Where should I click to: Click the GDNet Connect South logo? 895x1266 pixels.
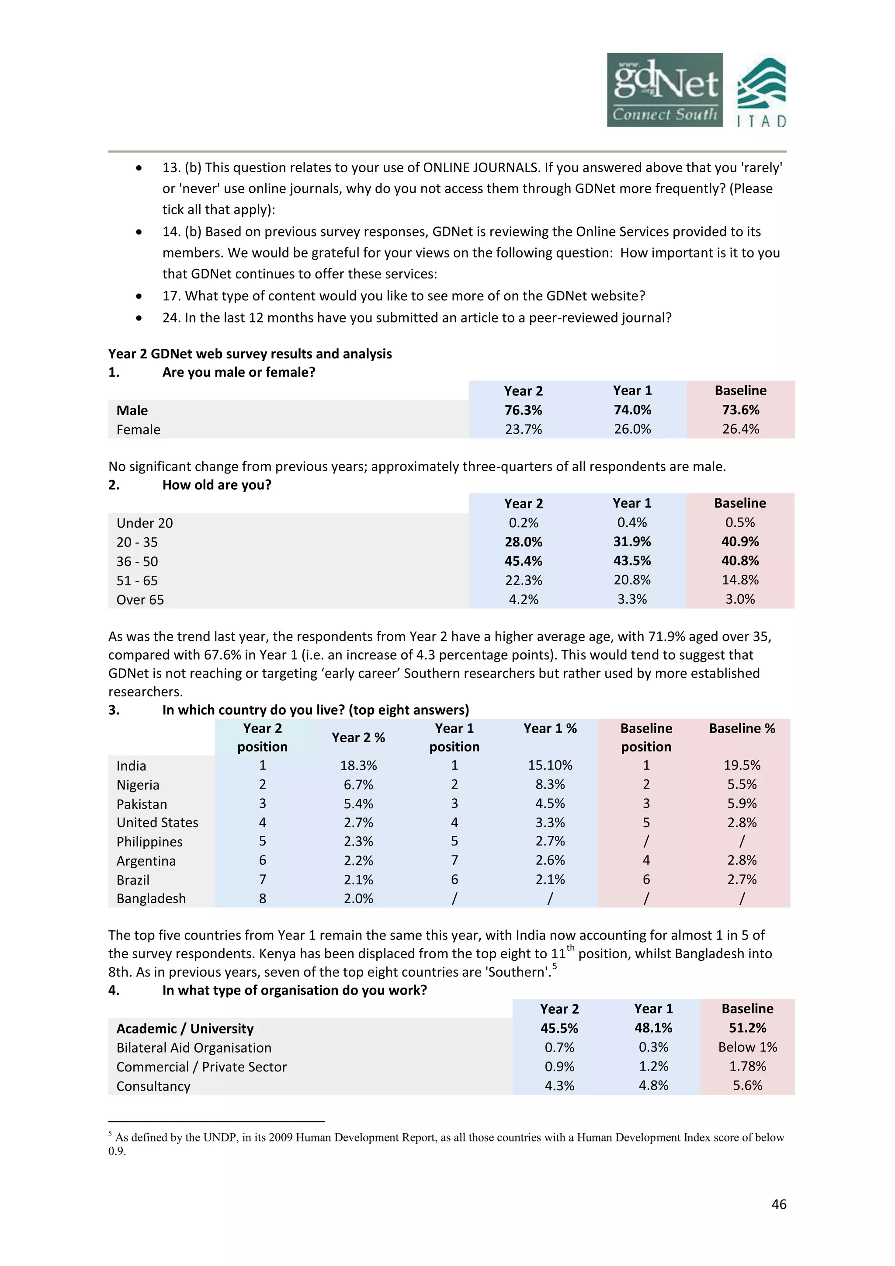(x=665, y=90)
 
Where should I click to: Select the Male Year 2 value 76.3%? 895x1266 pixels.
(x=523, y=410)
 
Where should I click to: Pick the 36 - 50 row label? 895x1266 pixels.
(x=137, y=561)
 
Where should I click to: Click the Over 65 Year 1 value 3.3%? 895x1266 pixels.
(x=631, y=599)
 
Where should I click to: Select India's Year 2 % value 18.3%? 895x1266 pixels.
(x=358, y=765)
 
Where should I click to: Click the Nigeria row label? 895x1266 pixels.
(x=138, y=785)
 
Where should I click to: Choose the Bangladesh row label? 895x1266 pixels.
(x=151, y=899)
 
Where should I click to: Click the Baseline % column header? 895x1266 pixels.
(x=741, y=728)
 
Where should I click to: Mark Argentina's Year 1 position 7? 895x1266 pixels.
(x=454, y=860)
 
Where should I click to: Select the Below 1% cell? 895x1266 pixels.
(x=747, y=1047)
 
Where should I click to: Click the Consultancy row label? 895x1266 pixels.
(x=153, y=1086)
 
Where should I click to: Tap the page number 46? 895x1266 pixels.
(x=779, y=1204)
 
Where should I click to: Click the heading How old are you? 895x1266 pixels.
(x=217, y=485)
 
